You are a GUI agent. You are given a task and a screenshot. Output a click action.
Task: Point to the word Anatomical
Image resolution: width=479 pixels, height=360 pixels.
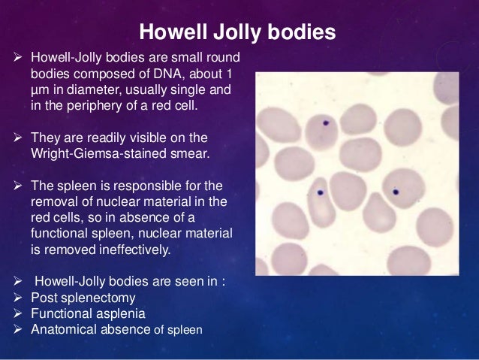click(63, 329)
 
